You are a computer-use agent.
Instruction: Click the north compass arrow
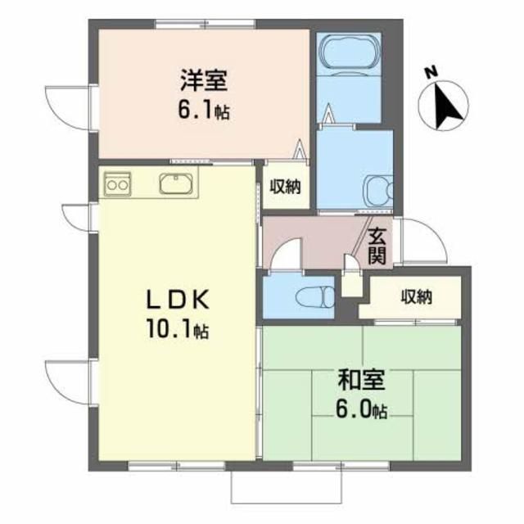click(447, 109)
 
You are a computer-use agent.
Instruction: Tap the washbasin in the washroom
click(379, 190)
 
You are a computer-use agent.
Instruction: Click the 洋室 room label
click(204, 80)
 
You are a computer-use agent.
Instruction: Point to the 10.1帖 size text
click(178, 331)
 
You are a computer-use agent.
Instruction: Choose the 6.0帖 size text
click(361, 408)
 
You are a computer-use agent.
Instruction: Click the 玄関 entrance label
click(377, 244)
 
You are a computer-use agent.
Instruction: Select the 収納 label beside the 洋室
click(285, 187)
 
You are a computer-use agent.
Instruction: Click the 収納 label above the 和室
click(416, 296)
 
